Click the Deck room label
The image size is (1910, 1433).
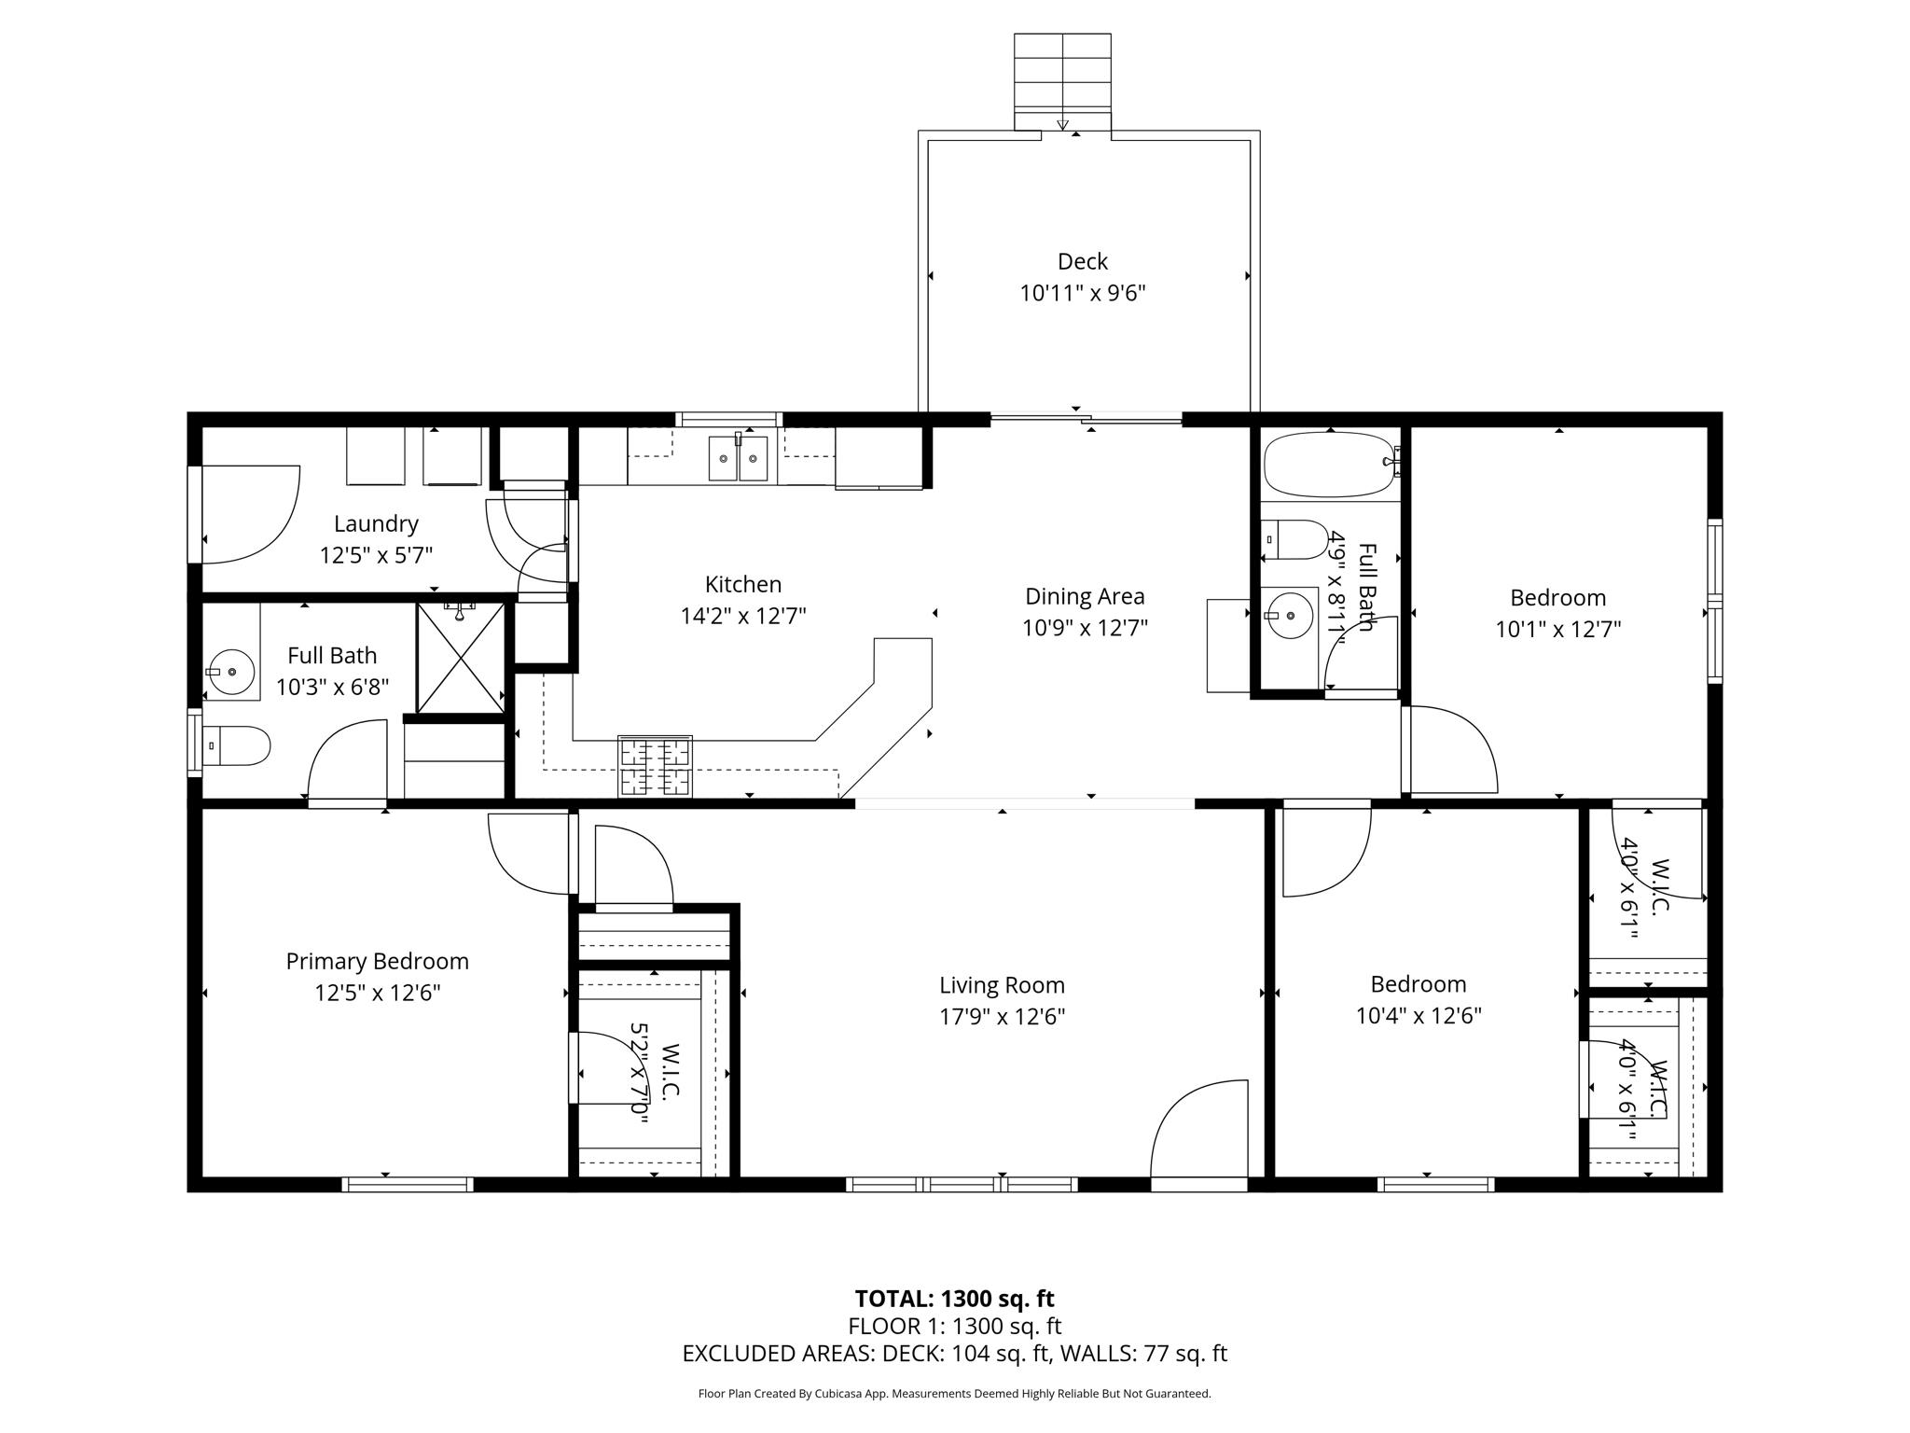click(1082, 261)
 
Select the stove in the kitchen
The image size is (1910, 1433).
click(655, 766)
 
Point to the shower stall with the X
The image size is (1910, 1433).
click(461, 658)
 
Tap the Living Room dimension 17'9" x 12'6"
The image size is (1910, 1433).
click(1002, 1016)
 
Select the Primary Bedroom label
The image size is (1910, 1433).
click(377, 961)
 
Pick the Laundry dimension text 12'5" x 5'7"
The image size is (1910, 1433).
click(376, 556)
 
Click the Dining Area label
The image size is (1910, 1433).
click(1084, 596)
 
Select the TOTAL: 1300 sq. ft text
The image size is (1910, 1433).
click(954, 1299)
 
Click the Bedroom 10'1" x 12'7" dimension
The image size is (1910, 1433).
click(1557, 629)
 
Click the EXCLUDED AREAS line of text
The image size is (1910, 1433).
click(954, 1354)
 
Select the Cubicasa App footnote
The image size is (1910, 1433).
click(954, 1394)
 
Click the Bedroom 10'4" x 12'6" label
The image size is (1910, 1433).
click(1418, 984)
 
